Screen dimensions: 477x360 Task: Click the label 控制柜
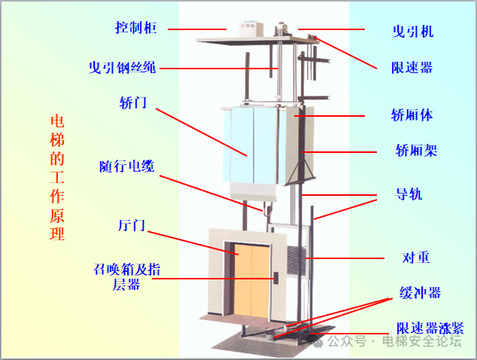[x=135, y=28]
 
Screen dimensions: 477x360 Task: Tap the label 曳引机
[x=413, y=32]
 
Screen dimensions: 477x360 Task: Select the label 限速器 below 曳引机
[x=412, y=67]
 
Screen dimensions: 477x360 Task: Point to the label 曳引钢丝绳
[x=122, y=67]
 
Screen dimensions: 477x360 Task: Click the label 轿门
[x=133, y=102]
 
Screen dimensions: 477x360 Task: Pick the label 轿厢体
[x=412, y=115]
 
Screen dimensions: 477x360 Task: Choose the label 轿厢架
[x=416, y=151]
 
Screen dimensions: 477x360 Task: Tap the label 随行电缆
[x=127, y=166]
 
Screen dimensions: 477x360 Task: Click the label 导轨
[x=409, y=194]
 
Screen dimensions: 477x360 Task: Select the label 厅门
[x=132, y=225]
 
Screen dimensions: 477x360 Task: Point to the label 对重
[x=416, y=258]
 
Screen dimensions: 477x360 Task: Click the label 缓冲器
[x=420, y=293]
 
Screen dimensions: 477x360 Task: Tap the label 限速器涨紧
[x=430, y=328]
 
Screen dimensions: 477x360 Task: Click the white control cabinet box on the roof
[x=251, y=29]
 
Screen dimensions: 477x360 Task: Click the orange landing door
[x=252, y=280]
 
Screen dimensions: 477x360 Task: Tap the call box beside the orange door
[x=276, y=278]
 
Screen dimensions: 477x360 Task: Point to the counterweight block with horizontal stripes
[x=296, y=261]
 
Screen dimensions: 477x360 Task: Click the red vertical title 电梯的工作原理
[x=57, y=178]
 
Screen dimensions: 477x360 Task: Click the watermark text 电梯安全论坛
[x=422, y=341]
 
